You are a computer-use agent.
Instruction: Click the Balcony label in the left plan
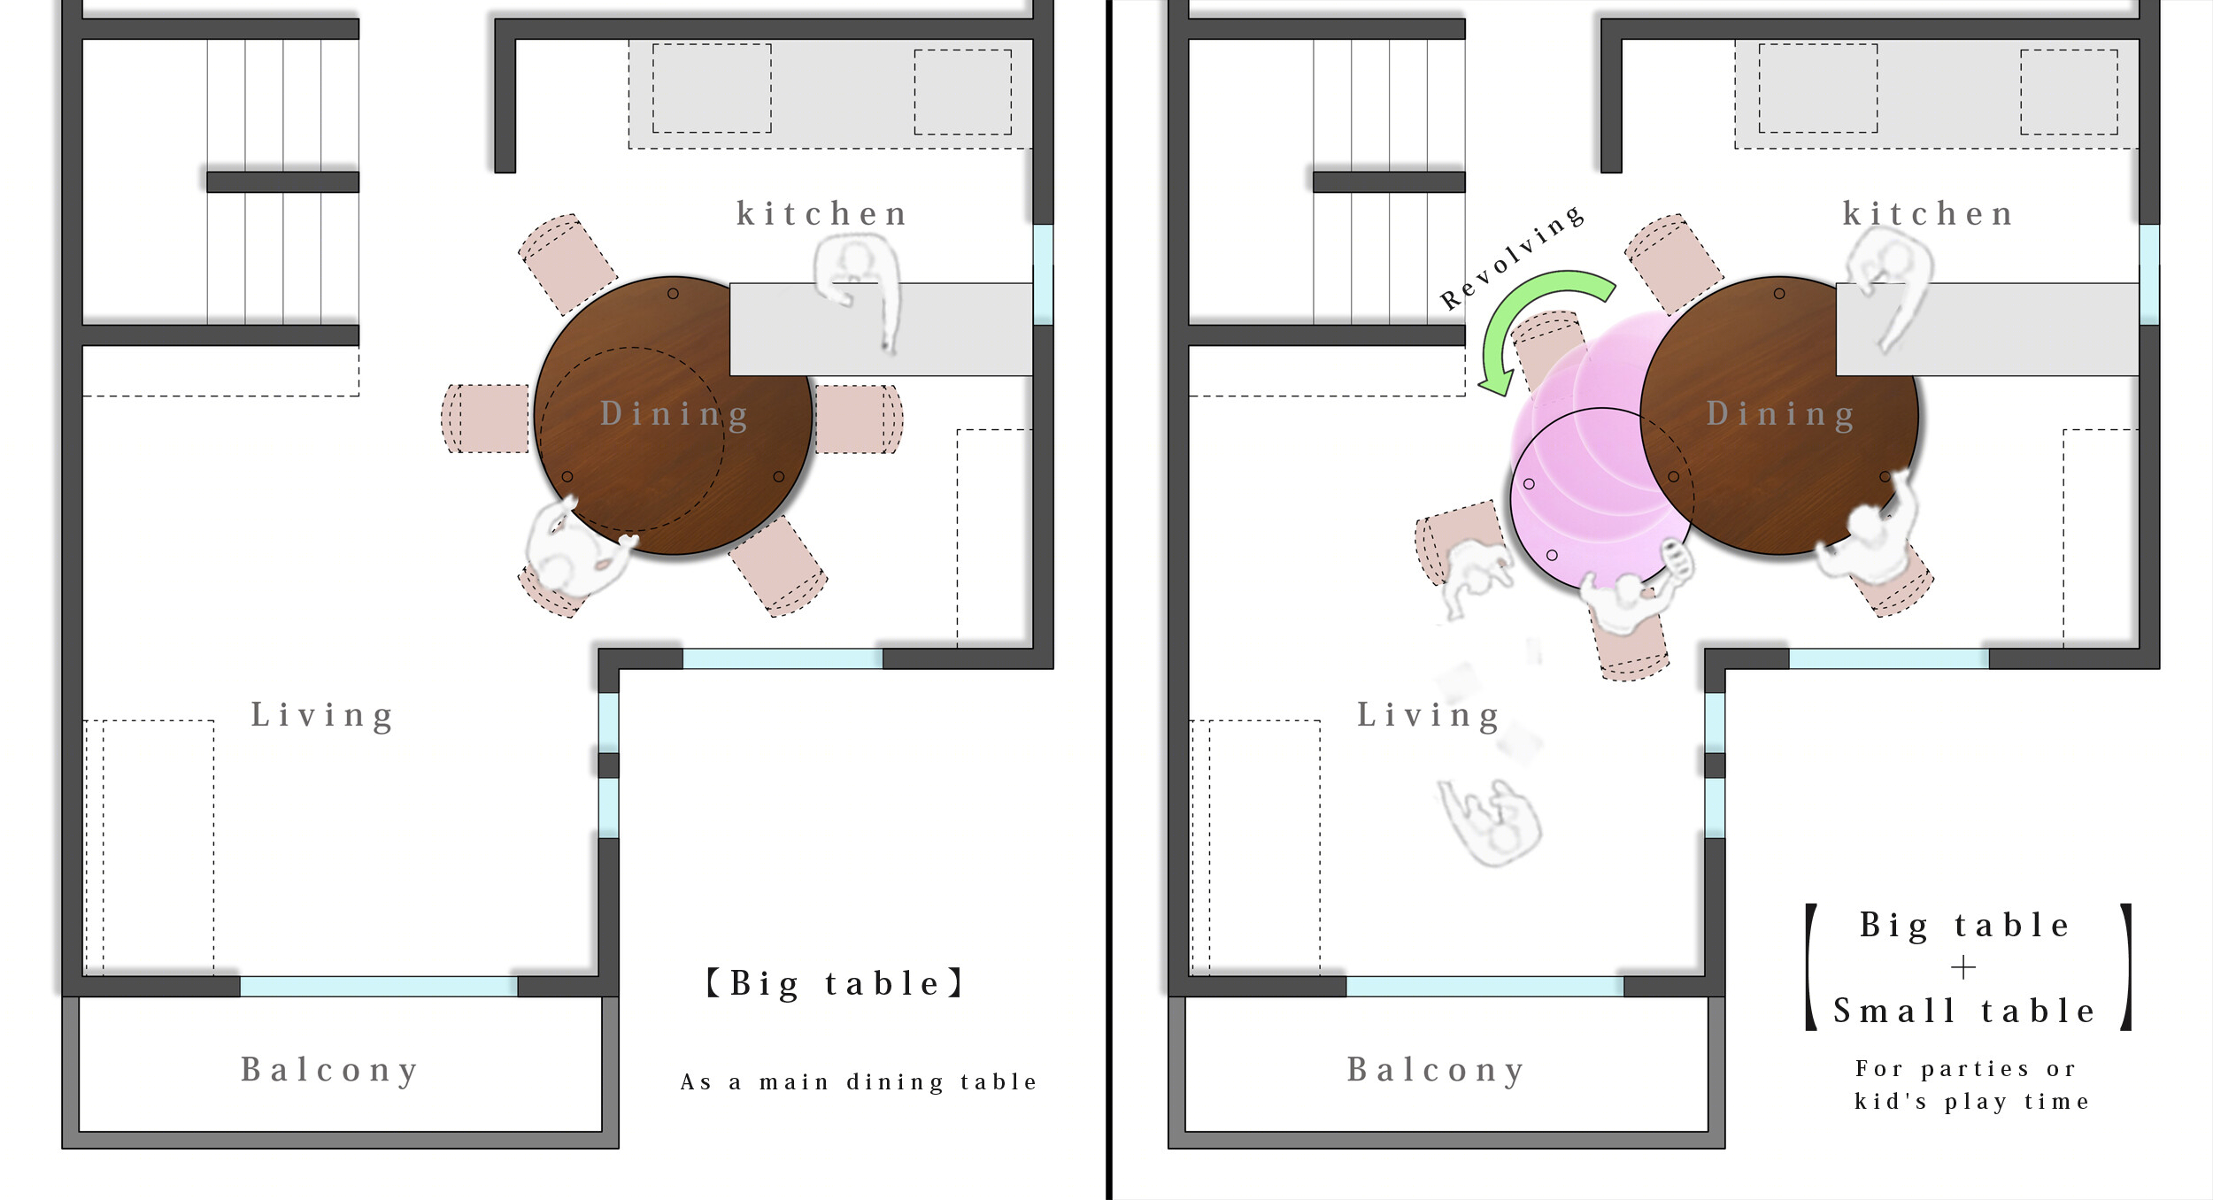pos(329,1071)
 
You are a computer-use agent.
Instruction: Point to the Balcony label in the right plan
pos(1436,1071)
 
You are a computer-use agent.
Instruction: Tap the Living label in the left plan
pos(322,715)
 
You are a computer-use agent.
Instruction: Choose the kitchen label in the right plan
pos(1928,214)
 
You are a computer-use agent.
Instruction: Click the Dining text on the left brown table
pos(675,414)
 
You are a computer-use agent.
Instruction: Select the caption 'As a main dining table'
pos(859,1082)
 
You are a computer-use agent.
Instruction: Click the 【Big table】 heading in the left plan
pos(835,983)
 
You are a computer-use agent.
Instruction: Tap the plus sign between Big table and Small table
pos(1962,967)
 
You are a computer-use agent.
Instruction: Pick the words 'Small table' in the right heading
pos(1964,1011)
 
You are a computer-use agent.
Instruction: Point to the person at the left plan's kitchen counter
pos(857,288)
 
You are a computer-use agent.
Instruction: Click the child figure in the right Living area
pos(1490,821)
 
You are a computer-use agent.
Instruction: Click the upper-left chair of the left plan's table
pos(567,263)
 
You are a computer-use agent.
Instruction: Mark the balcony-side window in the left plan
pos(378,987)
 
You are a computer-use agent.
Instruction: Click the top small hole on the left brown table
pos(673,294)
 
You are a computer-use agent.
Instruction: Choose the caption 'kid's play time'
pos(1973,1103)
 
